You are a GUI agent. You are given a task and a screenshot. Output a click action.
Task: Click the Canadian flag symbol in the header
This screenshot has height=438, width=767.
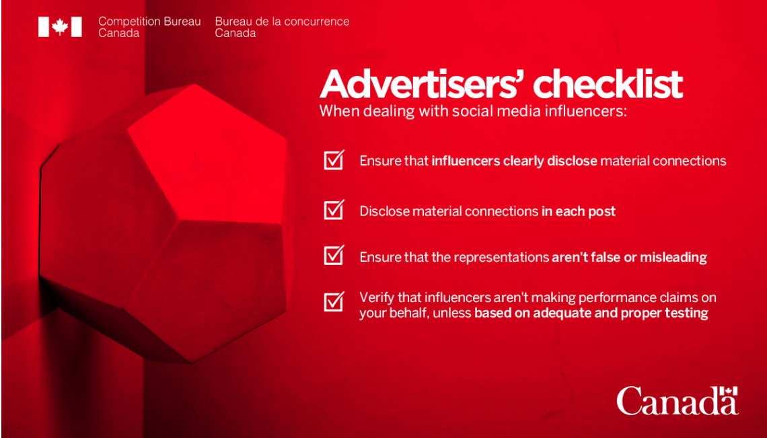[60, 27]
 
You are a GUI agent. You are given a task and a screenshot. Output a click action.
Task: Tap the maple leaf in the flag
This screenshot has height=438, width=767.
[60, 27]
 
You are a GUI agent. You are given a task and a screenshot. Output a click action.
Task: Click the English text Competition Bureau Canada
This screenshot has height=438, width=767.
[149, 28]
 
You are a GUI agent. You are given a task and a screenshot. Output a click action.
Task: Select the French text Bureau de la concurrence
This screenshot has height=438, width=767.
[283, 22]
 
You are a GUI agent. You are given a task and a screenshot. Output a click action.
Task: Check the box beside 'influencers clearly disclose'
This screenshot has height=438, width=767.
[334, 159]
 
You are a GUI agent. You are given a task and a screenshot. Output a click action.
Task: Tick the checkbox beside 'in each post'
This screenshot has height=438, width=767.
[334, 209]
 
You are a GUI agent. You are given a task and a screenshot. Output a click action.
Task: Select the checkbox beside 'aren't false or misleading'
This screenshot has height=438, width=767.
[334, 255]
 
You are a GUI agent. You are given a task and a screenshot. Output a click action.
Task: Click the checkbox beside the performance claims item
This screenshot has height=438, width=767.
[334, 301]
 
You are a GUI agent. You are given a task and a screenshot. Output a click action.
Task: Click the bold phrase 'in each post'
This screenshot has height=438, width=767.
[578, 211]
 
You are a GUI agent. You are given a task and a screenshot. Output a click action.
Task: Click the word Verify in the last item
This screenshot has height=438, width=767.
[374, 298]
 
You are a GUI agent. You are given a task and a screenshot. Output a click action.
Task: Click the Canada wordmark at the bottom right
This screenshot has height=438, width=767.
[678, 401]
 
